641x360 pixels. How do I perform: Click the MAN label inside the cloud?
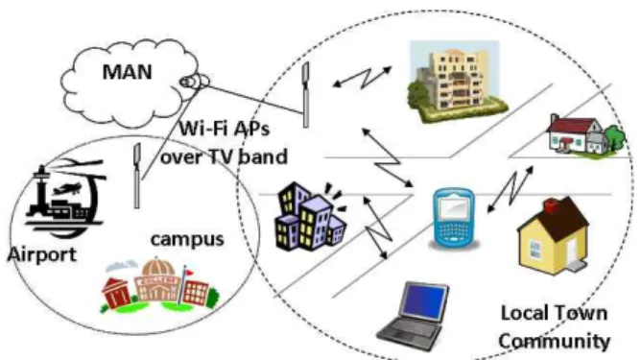point(127,72)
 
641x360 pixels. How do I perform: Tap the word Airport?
point(42,254)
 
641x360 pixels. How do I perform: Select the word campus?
point(187,240)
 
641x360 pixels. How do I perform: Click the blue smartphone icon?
point(454,218)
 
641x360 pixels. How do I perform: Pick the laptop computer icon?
point(413,316)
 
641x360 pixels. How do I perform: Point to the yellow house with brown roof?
point(553,237)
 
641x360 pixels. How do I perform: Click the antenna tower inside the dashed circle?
point(306,95)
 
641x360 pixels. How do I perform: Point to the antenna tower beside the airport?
point(137,176)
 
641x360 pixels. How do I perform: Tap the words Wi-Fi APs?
point(225,129)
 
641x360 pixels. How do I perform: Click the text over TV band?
point(224,157)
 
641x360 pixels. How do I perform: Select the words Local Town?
point(554,313)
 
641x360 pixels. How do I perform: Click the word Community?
point(554,341)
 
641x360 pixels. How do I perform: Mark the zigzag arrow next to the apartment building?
point(362,78)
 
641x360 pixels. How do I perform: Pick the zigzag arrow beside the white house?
point(510,189)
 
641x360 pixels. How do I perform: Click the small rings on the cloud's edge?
point(195,82)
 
